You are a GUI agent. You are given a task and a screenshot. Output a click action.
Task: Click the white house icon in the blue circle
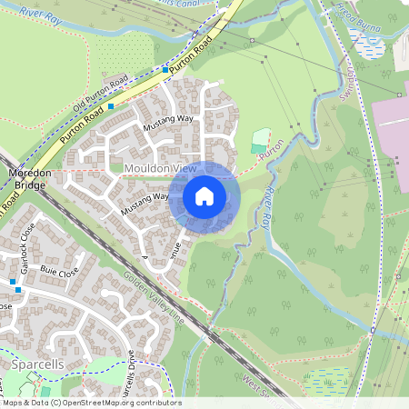point(204,196)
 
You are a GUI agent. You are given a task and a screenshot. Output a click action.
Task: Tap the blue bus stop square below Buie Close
point(15,283)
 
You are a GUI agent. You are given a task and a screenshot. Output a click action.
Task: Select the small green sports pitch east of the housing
point(260,142)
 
